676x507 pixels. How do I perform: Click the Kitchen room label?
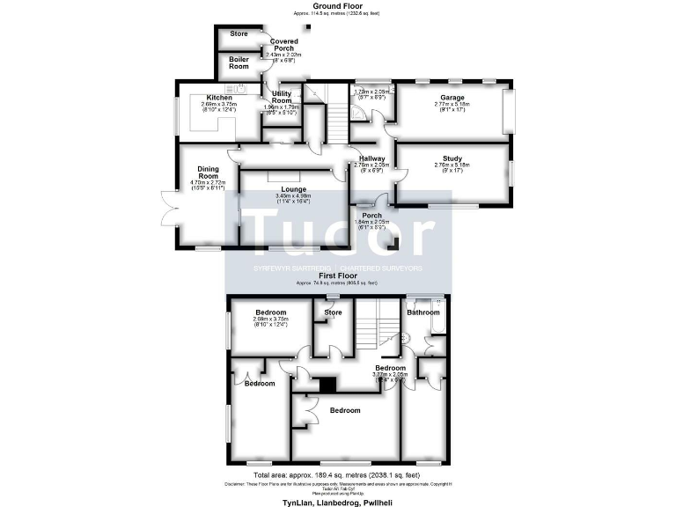click(x=219, y=98)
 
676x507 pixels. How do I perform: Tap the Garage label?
click(x=452, y=98)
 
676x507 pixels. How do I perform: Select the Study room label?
click(x=452, y=158)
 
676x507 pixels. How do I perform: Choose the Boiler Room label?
click(x=239, y=62)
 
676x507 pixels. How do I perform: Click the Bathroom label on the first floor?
click(x=422, y=312)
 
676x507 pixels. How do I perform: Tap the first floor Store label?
click(x=333, y=312)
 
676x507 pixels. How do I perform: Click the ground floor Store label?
click(x=239, y=33)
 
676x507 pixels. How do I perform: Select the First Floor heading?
click(x=337, y=276)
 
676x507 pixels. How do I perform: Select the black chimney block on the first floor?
click(x=328, y=384)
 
